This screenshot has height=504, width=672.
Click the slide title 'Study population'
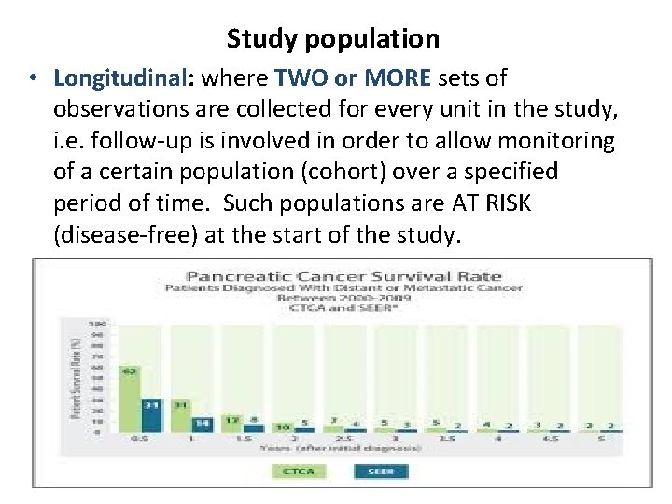tap(332, 39)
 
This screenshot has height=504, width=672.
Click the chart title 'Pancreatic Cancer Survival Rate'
tap(344, 275)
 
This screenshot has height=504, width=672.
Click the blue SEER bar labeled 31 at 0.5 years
tap(151, 414)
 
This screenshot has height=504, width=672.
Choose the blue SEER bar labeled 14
tap(202, 424)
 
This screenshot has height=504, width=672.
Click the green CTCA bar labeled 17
tap(231, 425)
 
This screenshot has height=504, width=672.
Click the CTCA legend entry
tap(301, 471)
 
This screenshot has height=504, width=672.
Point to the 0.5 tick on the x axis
tap(140, 439)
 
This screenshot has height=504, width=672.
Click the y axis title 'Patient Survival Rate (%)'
tap(76, 377)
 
